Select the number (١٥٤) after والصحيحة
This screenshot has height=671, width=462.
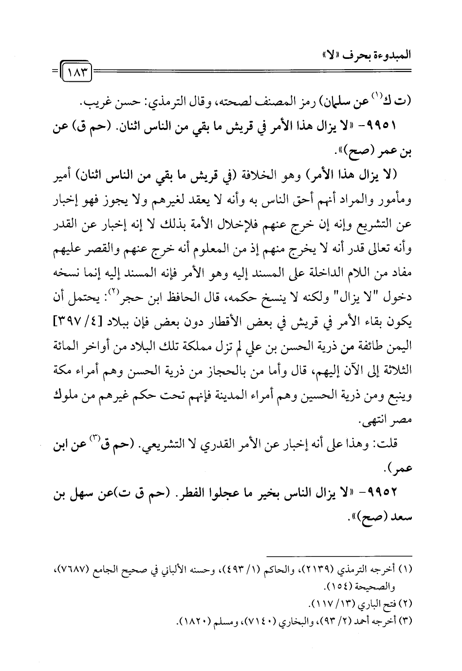[355, 582]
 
